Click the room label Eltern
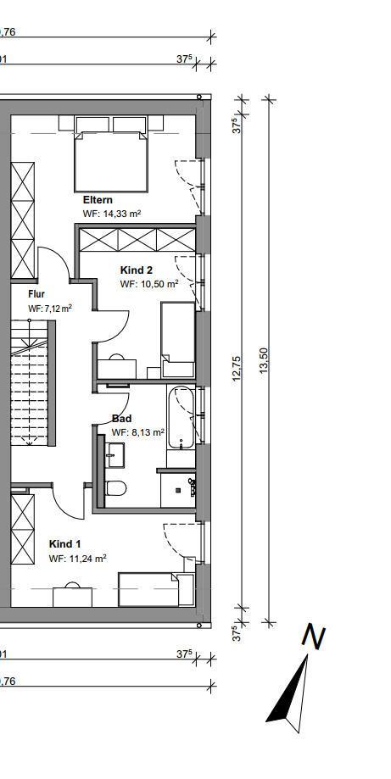tap(98, 200)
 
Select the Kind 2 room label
tap(137, 270)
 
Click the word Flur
tap(36, 293)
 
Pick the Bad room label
tap(122, 418)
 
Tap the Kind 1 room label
tap(64, 543)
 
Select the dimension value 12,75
tap(237, 368)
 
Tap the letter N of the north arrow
tap(314, 637)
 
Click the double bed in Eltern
tap(111, 153)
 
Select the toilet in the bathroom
tap(116, 488)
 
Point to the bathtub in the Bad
tap(182, 417)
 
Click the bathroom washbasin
tap(115, 454)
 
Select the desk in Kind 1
tap(73, 596)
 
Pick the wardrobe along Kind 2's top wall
tap(137, 239)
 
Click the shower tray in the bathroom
tap(178, 490)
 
